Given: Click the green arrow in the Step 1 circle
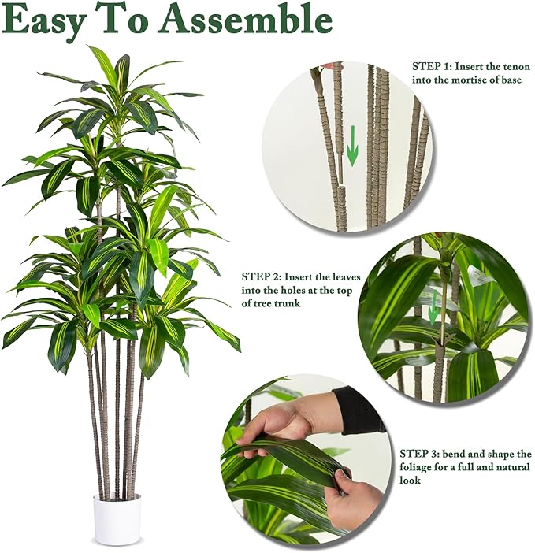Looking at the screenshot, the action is click(x=352, y=146).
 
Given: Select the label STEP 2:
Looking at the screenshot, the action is click(x=262, y=276).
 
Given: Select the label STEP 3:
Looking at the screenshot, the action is click(x=420, y=454).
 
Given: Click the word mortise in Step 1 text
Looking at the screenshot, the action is click(x=470, y=80).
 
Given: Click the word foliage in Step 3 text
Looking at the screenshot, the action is click(x=418, y=467).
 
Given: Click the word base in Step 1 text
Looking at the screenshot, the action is click(x=511, y=80).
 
